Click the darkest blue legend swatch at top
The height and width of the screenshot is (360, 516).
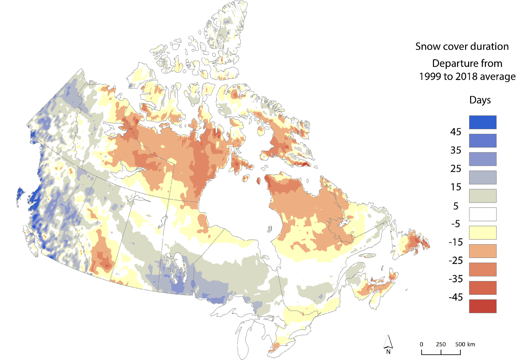(483, 122)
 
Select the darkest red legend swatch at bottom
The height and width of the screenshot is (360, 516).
(483, 306)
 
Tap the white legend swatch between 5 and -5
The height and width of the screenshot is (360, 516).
(483, 214)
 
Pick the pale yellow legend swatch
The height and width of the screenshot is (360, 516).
(483, 233)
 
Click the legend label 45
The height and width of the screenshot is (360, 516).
(455, 132)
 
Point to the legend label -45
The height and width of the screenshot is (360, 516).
(455, 297)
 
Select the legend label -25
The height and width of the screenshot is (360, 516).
(455, 261)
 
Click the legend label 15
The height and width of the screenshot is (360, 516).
(456, 187)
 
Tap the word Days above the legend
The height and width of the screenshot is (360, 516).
(480, 100)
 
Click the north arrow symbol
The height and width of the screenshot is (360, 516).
(388, 342)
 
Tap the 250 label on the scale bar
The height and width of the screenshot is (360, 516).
(441, 344)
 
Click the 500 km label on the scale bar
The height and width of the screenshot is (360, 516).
(465, 344)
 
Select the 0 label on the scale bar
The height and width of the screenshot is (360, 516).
(421, 344)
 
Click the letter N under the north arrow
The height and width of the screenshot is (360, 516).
(388, 352)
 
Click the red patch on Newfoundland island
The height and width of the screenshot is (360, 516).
(416, 241)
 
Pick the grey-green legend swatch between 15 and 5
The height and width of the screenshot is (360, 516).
(483, 196)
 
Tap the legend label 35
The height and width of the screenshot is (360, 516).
(455, 150)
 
